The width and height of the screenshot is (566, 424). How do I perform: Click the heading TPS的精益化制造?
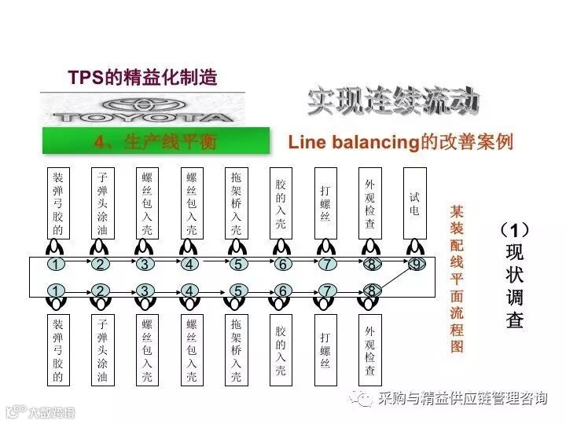click(x=142, y=78)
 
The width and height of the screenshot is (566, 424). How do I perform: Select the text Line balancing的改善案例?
click(x=400, y=142)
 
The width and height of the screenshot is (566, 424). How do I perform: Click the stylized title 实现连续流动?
click(x=393, y=103)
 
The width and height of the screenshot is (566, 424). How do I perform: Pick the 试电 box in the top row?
click(x=414, y=203)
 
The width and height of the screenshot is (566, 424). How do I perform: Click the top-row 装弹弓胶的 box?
click(x=57, y=203)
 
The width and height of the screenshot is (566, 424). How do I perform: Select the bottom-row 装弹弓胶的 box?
click(x=57, y=349)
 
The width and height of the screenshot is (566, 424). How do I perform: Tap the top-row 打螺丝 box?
click(x=325, y=203)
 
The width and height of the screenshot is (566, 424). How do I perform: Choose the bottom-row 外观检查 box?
click(x=369, y=349)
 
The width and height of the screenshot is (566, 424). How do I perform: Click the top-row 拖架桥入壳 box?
click(x=236, y=203)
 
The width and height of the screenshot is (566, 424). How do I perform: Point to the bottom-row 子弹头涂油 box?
click(x=101, y=349)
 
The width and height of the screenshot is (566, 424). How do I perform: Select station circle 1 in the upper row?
click(x=56, y=265)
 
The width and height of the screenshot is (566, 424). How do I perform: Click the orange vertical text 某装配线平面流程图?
click(x=457, y=279)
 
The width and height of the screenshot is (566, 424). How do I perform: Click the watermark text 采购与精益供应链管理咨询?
click(x=462, y=399)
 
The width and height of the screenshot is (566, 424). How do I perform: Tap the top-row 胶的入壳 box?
click(x=281, y=203)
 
